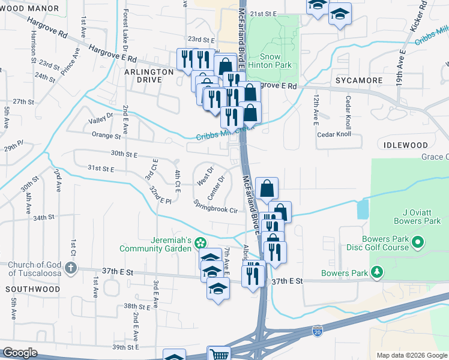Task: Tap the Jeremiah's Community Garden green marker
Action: [x=202, y=242]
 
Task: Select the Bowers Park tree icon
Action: [x=377, y=273]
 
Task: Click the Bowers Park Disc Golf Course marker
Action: [x=420, y=242]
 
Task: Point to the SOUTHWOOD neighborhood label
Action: [x=33, y=289]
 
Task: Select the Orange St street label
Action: [x=103, y=136]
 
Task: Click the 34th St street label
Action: [x=44, y=218]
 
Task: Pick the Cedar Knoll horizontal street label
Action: [x=334, y=134]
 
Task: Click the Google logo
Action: [x=20, y=353]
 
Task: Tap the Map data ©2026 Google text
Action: [x=411, y=355]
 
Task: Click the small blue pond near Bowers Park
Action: [x=363, y=209]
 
